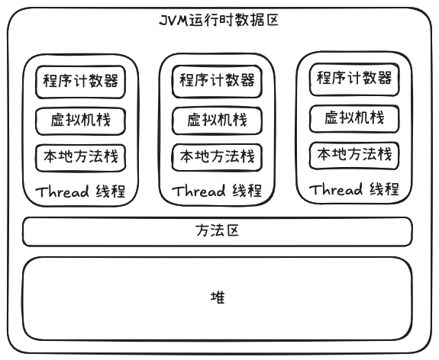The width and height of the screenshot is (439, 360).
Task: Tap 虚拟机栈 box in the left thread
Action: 80,120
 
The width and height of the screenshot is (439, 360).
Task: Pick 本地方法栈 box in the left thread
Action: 80,157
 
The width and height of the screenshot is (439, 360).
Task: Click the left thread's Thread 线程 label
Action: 80,191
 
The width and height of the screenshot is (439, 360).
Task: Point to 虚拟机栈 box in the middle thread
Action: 217,120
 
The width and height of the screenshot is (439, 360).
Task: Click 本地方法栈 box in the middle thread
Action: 217,157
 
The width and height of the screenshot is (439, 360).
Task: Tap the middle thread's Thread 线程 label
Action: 217,191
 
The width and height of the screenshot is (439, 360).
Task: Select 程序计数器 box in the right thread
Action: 353,78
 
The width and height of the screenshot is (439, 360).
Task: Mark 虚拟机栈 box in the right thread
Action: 353,117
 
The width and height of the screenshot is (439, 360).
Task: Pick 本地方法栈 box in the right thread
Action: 353,155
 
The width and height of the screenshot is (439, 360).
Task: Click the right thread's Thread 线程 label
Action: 353,189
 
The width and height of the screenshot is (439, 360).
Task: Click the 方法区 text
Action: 218,230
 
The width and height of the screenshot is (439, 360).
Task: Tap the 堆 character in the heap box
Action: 218,297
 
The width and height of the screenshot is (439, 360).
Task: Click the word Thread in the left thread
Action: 61,191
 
